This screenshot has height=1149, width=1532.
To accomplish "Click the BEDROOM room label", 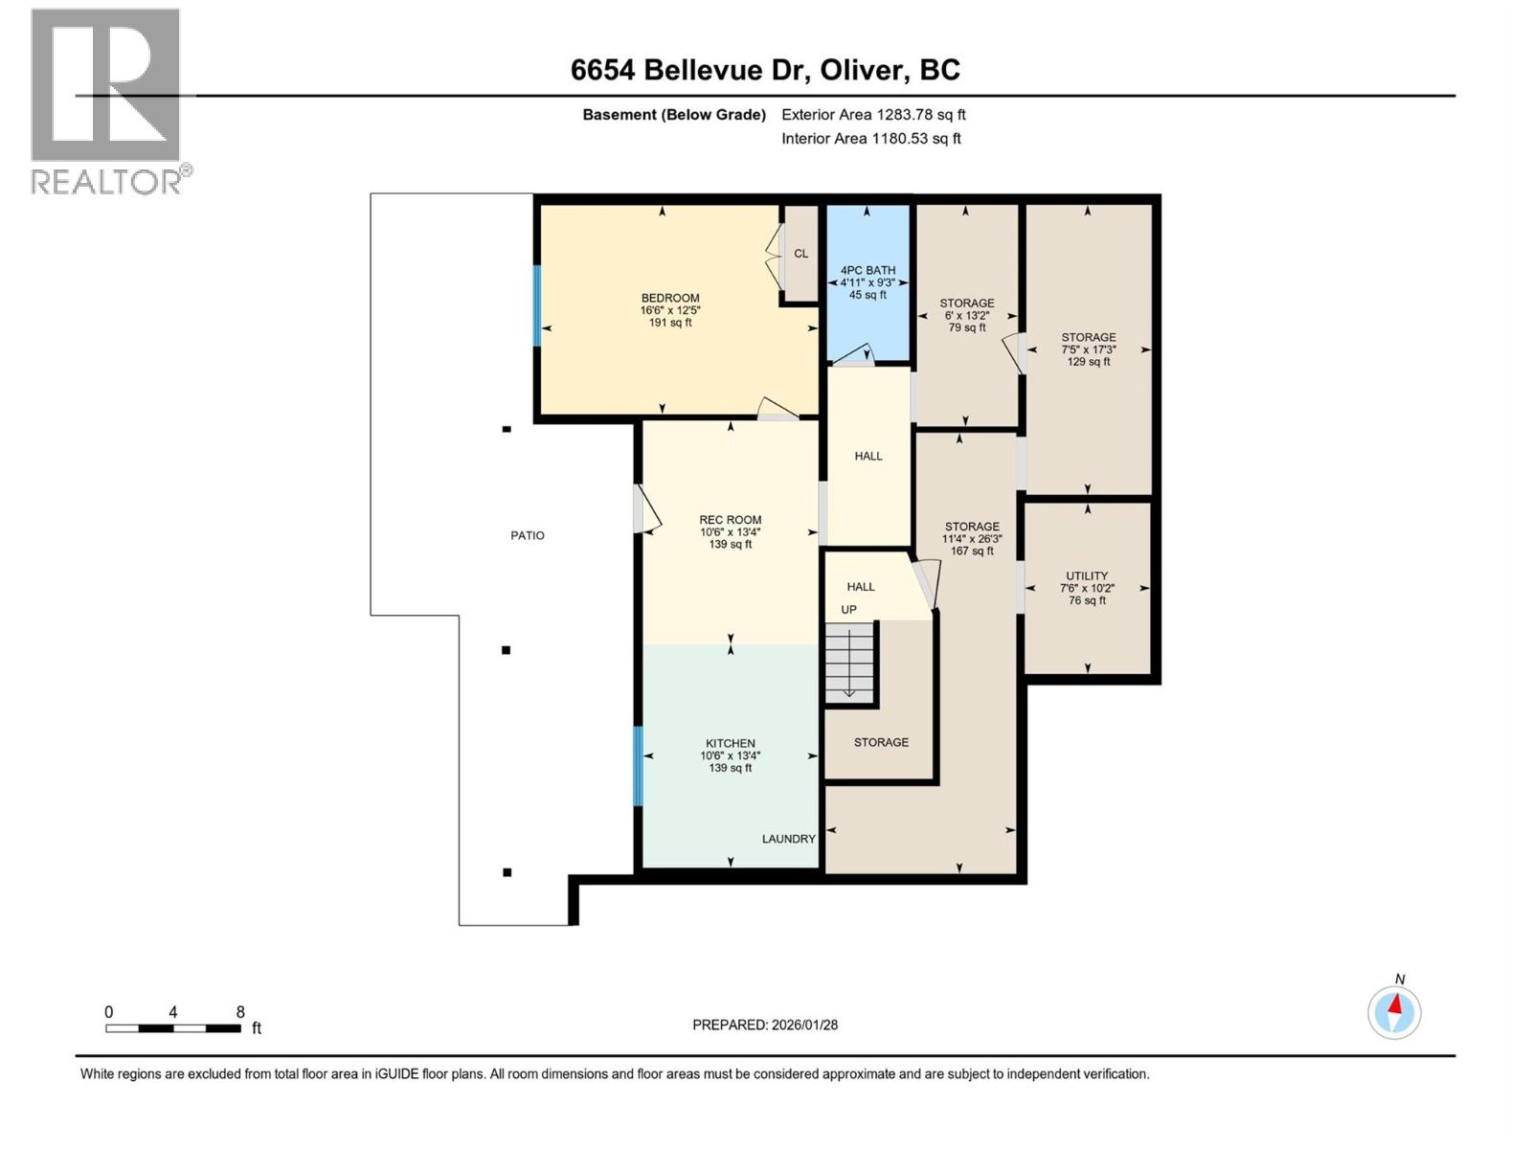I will click(670, 299).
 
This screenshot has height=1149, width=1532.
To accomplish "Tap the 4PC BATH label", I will click(867, 271).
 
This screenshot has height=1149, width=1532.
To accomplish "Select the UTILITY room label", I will click(1087, 576).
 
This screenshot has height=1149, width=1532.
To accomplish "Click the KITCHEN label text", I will click(731, 744).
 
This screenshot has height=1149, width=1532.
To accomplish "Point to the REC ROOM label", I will click(731, 521).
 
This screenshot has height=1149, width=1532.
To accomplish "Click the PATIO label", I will click(528, 536).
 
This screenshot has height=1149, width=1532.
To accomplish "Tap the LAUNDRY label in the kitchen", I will click(788, 839).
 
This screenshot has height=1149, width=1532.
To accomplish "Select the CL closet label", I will click(801, 254).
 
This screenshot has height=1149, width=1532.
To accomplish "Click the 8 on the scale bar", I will click(240, 1012).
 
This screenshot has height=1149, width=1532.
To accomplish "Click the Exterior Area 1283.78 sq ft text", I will click(873, 115).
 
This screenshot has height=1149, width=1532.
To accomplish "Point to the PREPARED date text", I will click(765, 1025).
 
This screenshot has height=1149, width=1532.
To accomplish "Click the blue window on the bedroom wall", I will click(537, 305).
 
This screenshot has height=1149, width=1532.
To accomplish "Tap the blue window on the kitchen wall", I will click(638, 766).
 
